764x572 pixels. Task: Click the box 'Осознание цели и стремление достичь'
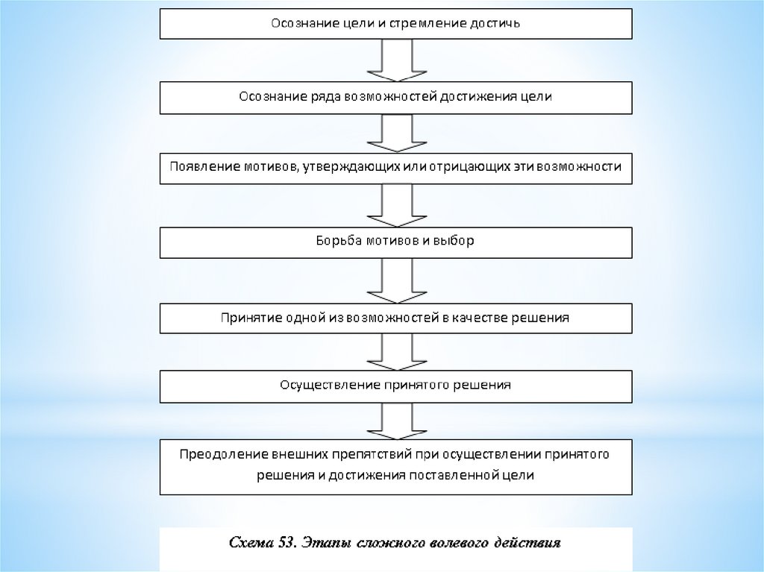[396, 23]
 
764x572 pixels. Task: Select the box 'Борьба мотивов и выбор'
[396, 242]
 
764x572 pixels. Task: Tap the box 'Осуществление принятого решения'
[396, 386]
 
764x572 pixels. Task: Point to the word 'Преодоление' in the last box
[212, 454]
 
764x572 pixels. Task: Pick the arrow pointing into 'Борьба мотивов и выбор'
[396, 205]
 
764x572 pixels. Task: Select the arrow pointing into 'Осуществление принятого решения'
[396, 351]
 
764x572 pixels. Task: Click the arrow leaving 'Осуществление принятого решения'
[396, 421]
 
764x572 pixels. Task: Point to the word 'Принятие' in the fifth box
[248, 318]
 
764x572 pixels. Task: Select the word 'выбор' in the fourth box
[456, 242]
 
